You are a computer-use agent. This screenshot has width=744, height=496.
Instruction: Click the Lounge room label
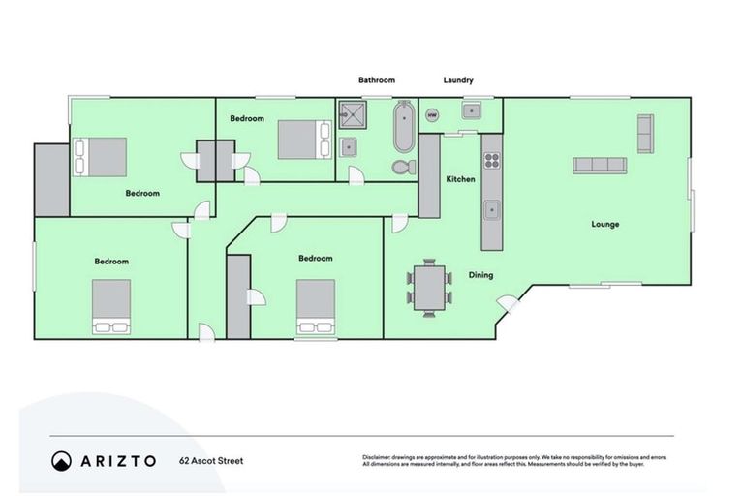[x=605, y=224]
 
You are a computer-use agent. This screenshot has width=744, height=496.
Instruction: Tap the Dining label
[x=481, y=275]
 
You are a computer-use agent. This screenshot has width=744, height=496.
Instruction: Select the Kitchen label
[x=459, y=180]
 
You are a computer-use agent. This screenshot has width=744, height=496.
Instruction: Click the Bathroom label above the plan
[x=377, y=80]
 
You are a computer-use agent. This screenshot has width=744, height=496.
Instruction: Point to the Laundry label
[x=457, y=80]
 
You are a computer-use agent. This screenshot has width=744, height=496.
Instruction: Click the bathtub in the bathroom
[x=404, y=129]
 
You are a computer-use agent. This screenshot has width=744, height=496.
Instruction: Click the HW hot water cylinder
[x=431, y=116]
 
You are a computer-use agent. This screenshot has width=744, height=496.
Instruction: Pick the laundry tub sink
[x=472, y=109]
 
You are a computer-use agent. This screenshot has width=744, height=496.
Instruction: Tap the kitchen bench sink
[x=492, y=208]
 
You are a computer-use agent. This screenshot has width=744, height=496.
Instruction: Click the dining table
[x=428, y=286]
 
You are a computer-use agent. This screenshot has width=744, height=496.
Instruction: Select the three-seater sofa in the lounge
[x=600, y=165]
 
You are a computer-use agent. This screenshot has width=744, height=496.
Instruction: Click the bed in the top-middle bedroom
[x=296, y=139]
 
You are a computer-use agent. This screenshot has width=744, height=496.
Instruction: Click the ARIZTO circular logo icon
[x=61, y=461]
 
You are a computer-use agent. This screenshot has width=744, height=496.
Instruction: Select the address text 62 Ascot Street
[x=211, y=462]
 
